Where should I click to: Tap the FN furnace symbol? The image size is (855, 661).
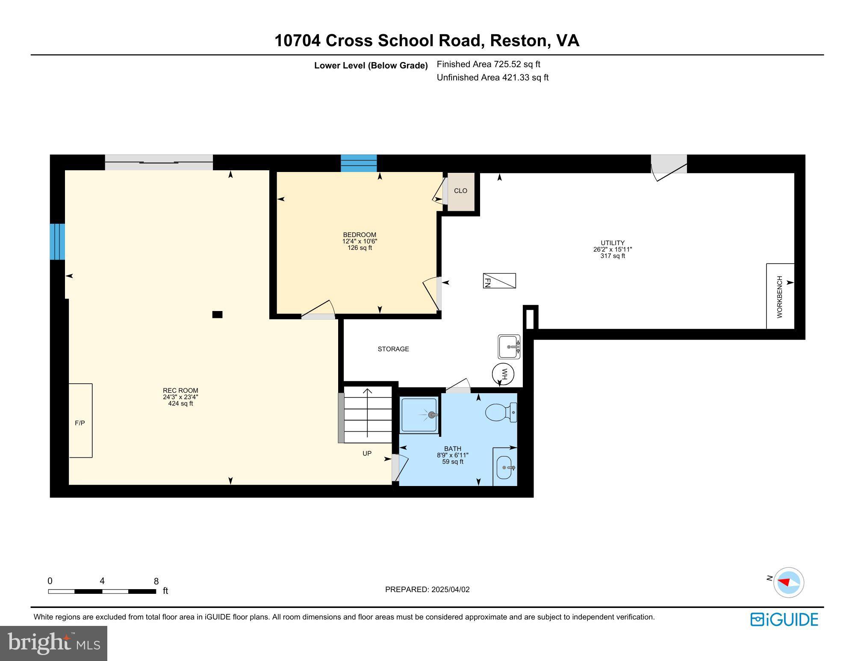pos(499,281)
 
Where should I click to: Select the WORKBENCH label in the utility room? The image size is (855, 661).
pos(780,296)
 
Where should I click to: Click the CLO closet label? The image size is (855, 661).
pos(460,191)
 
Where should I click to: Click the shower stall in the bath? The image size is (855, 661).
pos(419,415)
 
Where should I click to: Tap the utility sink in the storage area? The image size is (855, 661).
pos(509,347)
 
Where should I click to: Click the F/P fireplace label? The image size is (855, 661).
pos(80,423)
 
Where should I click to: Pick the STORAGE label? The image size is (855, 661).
pos(393,349)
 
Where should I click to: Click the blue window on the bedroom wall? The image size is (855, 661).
pos(359,163)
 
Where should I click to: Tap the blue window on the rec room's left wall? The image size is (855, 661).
pos(57,241)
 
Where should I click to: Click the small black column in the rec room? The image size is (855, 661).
pos(217,314)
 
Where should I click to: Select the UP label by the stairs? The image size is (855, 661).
pos(367,454)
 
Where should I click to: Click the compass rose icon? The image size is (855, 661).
pos(789,582)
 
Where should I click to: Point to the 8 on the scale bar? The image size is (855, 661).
pos(156,581)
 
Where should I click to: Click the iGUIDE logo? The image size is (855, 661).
pos(784,620)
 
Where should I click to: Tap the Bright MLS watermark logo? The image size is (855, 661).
pos(54,643)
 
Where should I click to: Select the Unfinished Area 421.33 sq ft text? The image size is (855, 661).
pos(492,77)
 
